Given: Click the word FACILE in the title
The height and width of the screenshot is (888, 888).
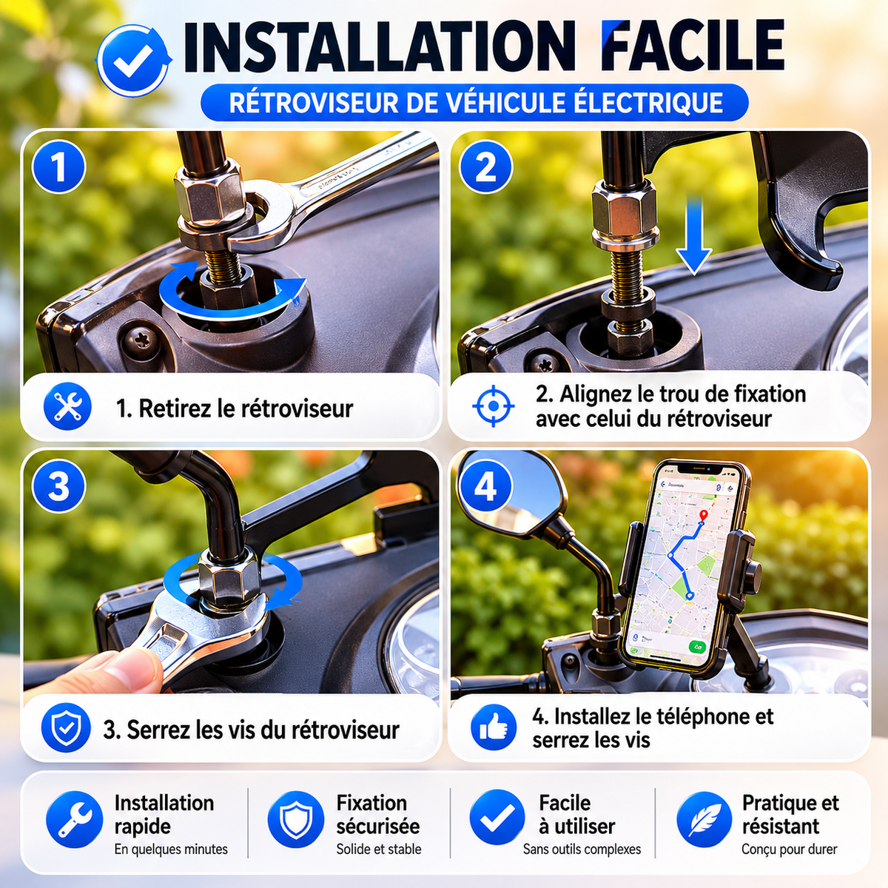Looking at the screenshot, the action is point(693,47).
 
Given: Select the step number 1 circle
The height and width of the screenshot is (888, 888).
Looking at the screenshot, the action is point(58,166).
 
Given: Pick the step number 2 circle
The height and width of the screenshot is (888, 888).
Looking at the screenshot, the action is point(485,166).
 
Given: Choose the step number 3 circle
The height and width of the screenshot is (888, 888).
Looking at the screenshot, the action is point(58,485).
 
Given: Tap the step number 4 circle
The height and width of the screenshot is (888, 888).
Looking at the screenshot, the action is point(485,485).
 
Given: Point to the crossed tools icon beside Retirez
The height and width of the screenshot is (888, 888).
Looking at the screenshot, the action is point(67,407).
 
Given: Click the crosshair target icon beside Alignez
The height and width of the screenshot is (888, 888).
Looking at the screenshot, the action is point(494,406).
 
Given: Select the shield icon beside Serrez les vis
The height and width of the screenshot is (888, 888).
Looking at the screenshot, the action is point(66,727).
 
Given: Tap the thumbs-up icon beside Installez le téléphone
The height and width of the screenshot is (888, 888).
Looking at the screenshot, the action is point(494,727).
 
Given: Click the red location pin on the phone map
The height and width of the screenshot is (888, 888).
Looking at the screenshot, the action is point(703,516).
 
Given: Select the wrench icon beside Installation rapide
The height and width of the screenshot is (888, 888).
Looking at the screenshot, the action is point(75,819).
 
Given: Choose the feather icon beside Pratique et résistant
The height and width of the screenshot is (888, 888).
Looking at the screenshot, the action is point(704,819).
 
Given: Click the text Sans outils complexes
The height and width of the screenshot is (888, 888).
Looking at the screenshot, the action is point(582,849).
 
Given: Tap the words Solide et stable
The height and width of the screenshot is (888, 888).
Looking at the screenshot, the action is point(378,849).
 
